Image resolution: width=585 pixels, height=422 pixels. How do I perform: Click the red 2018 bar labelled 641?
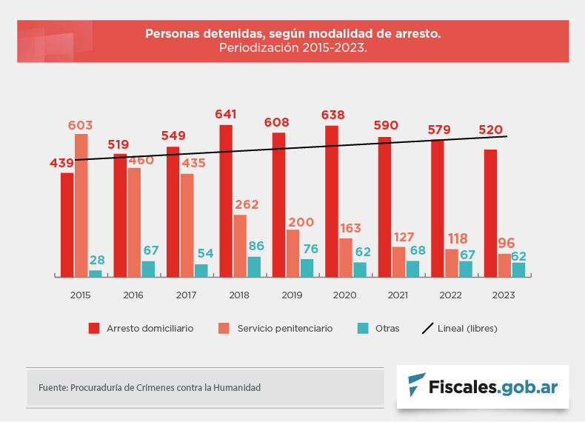pos(226,201)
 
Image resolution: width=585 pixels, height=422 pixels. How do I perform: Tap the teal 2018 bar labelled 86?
pos(254,267)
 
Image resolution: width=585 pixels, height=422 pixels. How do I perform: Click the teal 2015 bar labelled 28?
pos(96,273)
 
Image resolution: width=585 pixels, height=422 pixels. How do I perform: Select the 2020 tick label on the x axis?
pos(344,295)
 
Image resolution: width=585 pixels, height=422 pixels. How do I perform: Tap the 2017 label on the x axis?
pos(187,295)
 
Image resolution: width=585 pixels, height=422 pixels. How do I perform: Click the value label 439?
pos(61,163)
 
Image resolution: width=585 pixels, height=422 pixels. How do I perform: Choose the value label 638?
pos(333,115)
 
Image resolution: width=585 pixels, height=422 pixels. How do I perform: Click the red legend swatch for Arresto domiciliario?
pos(94,328)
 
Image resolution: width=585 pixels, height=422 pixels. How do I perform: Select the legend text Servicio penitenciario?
pos(285,328)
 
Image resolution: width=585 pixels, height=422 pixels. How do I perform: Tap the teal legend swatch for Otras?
pos(362,328)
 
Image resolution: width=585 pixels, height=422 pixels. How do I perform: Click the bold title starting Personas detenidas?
pos(292,34)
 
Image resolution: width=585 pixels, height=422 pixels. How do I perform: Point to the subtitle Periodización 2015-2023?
pos(292,47)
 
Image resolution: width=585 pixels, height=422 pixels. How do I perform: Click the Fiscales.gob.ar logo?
pos(482,386)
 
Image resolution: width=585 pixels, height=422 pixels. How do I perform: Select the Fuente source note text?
pos(150,387)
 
